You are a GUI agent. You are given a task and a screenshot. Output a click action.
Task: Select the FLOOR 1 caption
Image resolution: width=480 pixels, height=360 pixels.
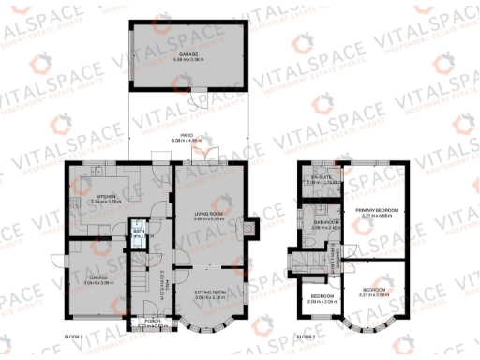[73, 336]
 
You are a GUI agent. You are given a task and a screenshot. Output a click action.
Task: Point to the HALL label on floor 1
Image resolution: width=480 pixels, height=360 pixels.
[162, 279]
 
